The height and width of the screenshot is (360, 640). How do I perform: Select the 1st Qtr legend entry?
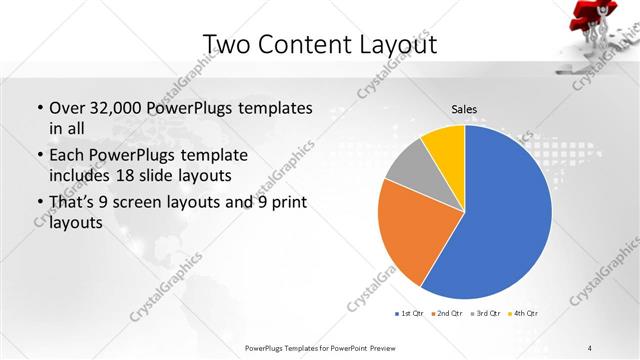point(410,314)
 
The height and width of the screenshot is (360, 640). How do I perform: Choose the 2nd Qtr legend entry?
point(446,314)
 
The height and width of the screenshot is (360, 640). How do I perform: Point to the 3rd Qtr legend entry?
point(485,314)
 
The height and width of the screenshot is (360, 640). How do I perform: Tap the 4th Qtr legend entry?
point(523,314)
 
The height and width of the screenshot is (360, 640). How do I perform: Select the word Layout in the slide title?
point(390,46)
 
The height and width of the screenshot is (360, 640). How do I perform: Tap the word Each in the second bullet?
point(67,156)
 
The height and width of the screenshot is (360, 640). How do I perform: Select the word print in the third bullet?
point(284,203)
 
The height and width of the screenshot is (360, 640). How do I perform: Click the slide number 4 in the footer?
point(590,347)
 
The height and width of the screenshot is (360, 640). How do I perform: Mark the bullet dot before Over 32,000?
point(39,108)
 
